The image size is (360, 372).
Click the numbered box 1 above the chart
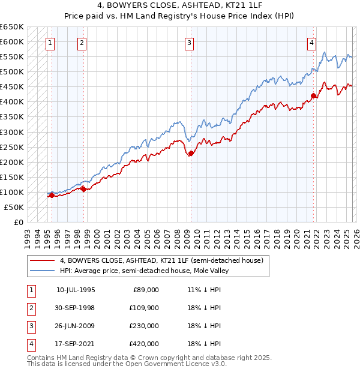click(50, 43)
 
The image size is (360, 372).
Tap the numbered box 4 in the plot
click(312, 43)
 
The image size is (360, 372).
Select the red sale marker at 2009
click(191, 153)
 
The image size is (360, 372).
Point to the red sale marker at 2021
click(313, 95)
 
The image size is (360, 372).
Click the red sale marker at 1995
click(52, 195)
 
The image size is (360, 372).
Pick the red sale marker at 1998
click(83, 189)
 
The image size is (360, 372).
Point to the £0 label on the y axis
click(18, 222)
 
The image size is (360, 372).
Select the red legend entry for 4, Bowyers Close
click(161, 260)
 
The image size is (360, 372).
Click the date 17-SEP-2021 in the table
click(76, 344)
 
